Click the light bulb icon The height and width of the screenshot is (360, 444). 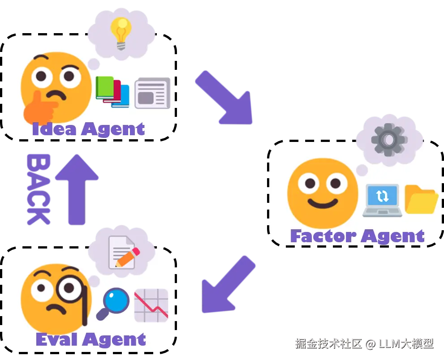click(121, 32)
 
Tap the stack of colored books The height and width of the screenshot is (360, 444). click(112, 91)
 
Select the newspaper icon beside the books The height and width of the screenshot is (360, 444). click(152, 93)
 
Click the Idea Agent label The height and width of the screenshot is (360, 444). click(88, 129)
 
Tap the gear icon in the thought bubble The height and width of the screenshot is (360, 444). click(389, 139)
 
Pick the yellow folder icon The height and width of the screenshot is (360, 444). click(421, 200)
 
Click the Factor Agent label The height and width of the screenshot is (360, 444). click(357, 236)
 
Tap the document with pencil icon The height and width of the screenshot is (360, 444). click(122, 252)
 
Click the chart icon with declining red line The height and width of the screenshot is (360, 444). click(151, 305)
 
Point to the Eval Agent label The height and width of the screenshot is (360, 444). click(91, 339)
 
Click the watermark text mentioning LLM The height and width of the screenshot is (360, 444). click(364, 344)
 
